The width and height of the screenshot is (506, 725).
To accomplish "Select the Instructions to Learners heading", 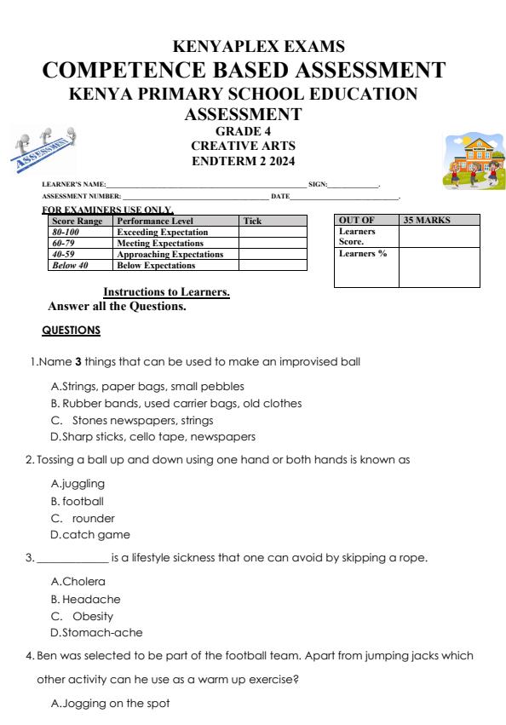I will (x=166, y=292).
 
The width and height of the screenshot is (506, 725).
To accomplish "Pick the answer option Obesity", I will (x=92, y=616).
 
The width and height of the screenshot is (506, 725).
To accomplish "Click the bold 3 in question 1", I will (x=78, y=361).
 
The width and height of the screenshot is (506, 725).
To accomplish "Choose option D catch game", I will (x=91, y=535).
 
